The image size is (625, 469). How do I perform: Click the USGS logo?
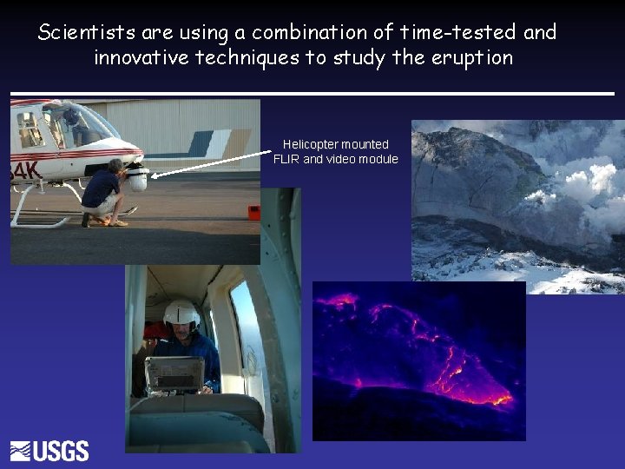pyautogui.click(x=49, y=451)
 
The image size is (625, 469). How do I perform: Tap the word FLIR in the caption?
pyautogui.click(x=286, y=159)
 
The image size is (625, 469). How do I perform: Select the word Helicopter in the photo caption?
pyautogui.click(x=311, y=144)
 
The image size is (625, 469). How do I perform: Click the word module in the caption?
pyautogui.click(x=378, y=159)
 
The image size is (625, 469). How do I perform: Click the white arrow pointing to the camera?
pyautogui.click(x=213, y=165)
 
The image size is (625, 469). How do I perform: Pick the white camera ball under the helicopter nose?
pyautogui.click(x=137, y=180)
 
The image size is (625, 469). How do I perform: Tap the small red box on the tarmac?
pyautogui.click(x=253, y=212)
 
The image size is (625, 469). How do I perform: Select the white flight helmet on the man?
pyautogui.click(x=181, y=314)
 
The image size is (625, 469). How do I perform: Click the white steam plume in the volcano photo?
pyautogui.click(x=577, y=183)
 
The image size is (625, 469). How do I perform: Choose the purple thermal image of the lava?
pyautogui.click(x=418, y=360)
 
